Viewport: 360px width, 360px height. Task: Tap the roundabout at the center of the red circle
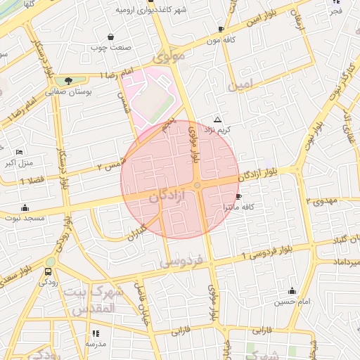(198, 186)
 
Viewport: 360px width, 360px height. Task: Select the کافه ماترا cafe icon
(238, 197)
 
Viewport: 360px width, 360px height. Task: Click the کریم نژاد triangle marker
(217, 120)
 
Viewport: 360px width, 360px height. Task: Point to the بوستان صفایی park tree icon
(68, 82)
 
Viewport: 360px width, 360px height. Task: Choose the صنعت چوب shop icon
(110, 37)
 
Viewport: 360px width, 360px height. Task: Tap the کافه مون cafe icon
(221, 29)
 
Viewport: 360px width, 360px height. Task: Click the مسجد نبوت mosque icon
(25, 207)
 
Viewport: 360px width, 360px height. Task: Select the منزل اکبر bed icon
(19, 152)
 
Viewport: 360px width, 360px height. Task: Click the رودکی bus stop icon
(49, 271)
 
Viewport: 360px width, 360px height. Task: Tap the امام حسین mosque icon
(292, 291)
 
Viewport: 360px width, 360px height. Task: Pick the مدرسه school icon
(96, 333)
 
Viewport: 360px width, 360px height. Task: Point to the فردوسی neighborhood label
(181, 262)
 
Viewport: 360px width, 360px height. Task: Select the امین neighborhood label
(240, 84)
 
